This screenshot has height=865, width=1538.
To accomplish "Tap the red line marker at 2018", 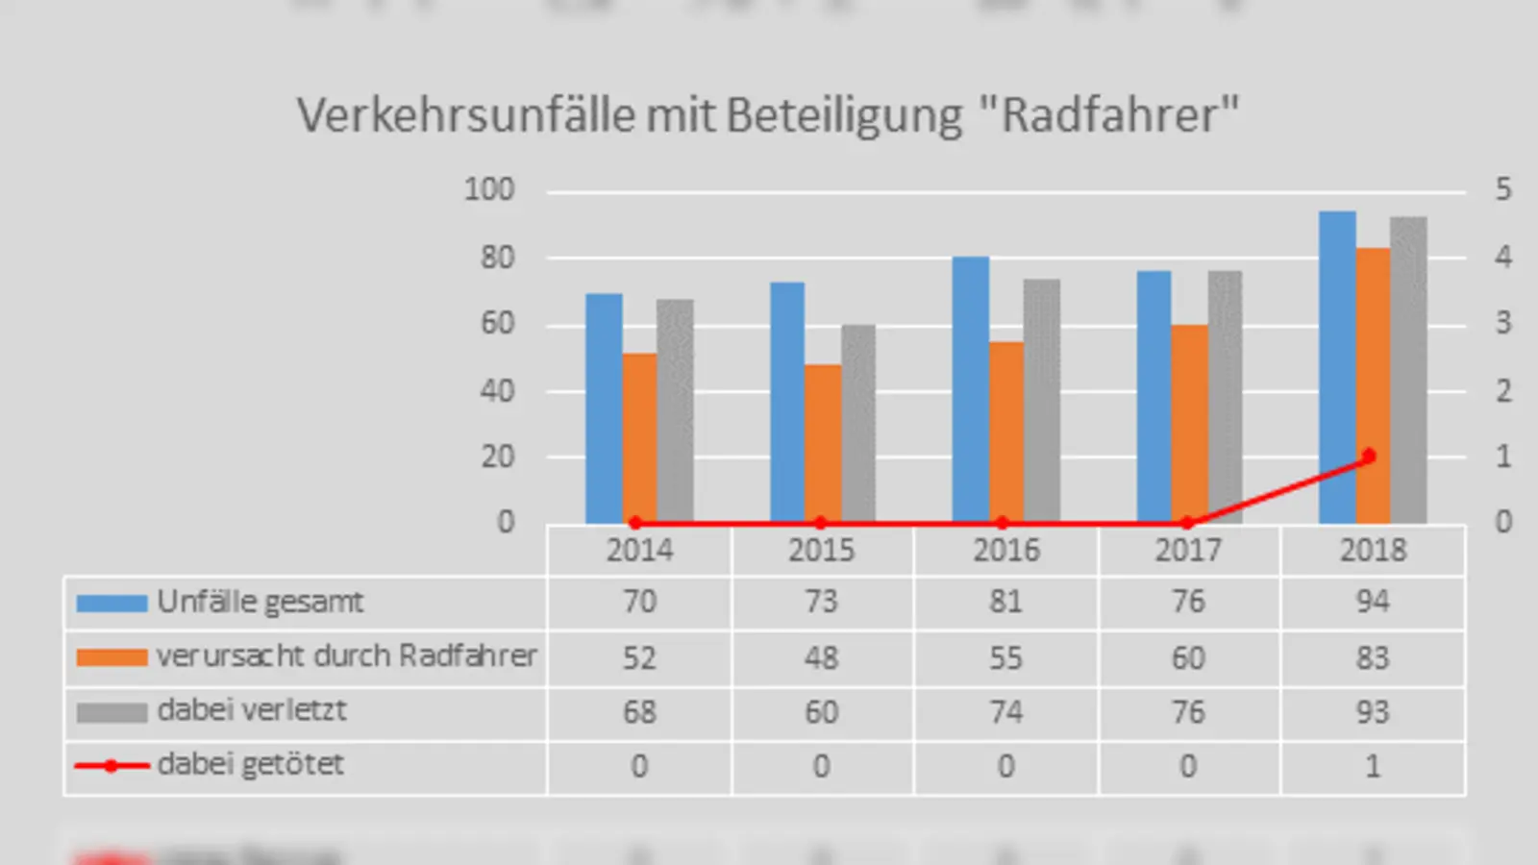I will (1369, 456).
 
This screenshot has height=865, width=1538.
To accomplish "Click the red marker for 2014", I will (635, 523).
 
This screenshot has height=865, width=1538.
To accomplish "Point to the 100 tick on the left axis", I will (489, 189).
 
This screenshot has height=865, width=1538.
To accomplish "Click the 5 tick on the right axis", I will (1502, 189).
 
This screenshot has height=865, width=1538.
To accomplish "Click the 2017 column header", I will (1188, 550).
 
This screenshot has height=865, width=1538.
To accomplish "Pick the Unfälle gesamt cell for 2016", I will (1005, 602).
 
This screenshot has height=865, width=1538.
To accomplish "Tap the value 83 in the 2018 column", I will (1372, 657).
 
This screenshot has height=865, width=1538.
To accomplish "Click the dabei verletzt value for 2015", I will (821, 712).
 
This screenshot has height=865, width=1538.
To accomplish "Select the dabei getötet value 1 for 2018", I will (1372, 766).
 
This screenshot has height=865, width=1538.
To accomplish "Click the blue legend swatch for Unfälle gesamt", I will (112, 604).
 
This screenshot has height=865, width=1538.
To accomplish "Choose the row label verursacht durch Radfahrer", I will (346, 656).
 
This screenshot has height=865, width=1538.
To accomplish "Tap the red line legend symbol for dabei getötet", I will (112, 766).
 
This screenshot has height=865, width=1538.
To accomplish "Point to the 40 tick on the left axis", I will (497, 391).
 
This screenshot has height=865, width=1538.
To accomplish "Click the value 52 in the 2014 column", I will (638, 657).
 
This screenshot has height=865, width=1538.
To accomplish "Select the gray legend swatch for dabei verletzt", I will (112, 712).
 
